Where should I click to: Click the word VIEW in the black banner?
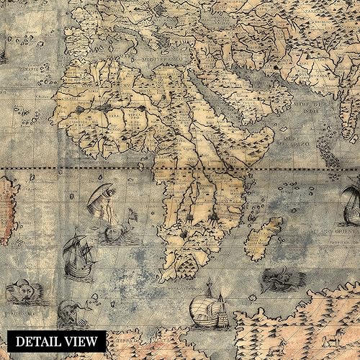tap(84, 341)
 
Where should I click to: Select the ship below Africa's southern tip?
tap(209, 305)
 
